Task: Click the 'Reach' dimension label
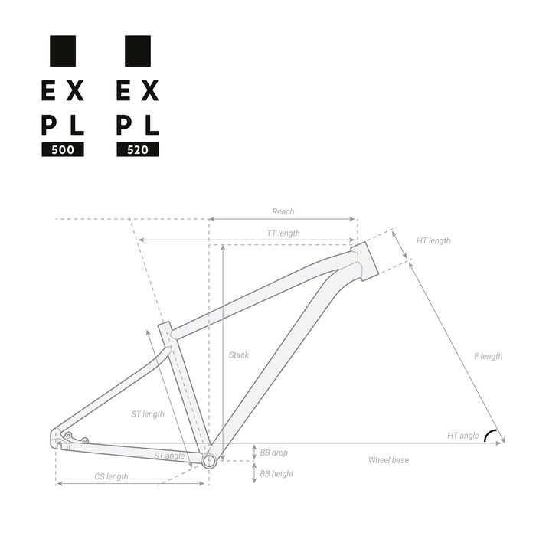pyautogui.click(x=283, y=211)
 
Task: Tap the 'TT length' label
pyautogui.click(x=283, y=233)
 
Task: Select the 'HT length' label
pyautogui.click(x=433, y=240)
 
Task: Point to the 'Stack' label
pyautogui.click(x=239, y=355)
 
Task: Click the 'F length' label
pyautogui.click(x=488, y=356)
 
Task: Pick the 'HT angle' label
pyautogui.click(x=463, y=436)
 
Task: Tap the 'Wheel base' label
pyautogui.click(x=389, y=460)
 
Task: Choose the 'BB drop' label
pyautogui.click(x=273, y=453)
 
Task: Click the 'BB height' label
pyautogui.click(x=276, y=473)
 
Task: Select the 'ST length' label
pyautogui.click(x=148, y=414)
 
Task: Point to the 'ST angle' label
pyautogui.click(x=169, y=455)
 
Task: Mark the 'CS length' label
pyautogui.click(x=111, y=476)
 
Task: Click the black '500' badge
pyautogui.click(x=63, y=150)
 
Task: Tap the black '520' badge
pyautogui.click(x=138, y=150)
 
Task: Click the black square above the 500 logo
pyautogui.click(x=63, y=50)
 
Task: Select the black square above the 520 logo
pyautogui.click(x=138, y=50)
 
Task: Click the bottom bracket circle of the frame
pyautogui.click(x=209, y=459)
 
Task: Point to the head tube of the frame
pyautogui.click(x=364, y=260)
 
